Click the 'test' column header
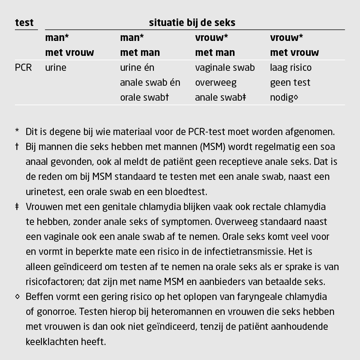[24, 23]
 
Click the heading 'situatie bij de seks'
[192, 23]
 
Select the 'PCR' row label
[23, 68]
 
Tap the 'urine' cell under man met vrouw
[56, 68]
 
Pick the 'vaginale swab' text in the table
[225, 68]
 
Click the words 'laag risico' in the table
[291, 68]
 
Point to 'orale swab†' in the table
[145, 98]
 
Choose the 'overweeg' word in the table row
[216, 83]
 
